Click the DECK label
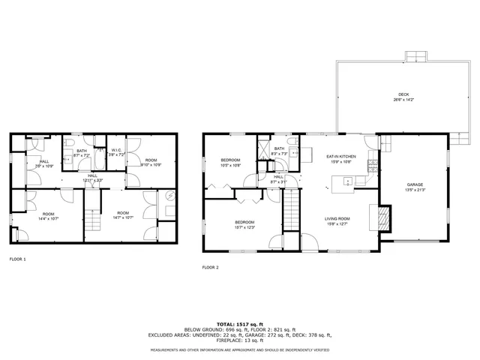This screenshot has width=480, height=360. tap(404, 97)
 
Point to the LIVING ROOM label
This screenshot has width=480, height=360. tap(337, 220)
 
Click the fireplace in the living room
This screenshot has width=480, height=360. tap(383, 217)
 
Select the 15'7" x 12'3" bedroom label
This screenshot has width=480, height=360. tap(245, 224)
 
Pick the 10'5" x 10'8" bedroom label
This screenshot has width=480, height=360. tap(230, 163)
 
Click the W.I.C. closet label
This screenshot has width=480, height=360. tap(116, 152)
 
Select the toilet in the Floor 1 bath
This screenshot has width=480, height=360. tap(67, 142)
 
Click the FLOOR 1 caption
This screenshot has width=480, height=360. tap(17, 259)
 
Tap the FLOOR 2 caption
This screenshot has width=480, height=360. tap(210, 267)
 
